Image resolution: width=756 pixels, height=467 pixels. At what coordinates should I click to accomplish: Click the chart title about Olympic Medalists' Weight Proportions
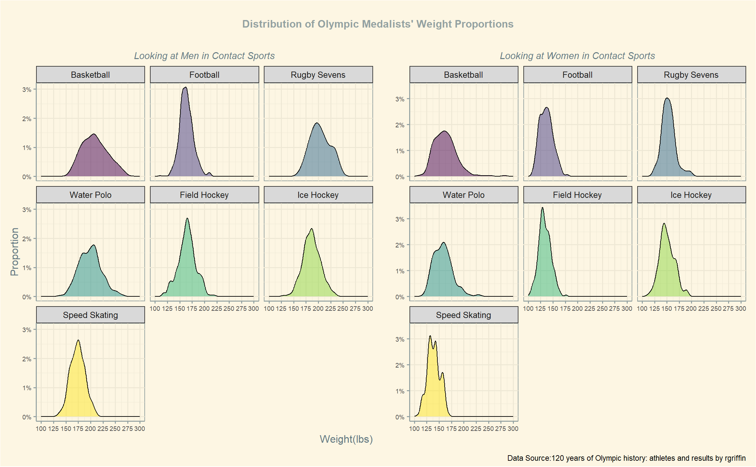[x=378, y=24]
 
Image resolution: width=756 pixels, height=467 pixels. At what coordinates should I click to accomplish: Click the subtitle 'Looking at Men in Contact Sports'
[x=204, y=56]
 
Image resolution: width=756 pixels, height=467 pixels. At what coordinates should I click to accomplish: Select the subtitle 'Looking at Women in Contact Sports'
[x=577, y=56]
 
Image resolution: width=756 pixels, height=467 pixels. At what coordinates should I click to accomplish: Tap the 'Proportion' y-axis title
[x=14, y=252]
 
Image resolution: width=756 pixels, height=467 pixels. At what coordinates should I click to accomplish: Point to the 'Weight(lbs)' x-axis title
[x=346, y=439]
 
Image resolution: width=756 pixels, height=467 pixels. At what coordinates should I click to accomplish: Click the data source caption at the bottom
[x=626, y=458]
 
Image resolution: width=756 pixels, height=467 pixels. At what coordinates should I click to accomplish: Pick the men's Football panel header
[x=204, y=75]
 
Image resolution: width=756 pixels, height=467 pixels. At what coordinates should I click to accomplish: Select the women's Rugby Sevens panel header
[x=691, y=75]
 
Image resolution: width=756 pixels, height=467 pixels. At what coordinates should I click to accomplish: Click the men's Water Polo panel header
[x=90, y=195]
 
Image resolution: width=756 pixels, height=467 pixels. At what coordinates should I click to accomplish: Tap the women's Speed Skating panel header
[x=463, y=315]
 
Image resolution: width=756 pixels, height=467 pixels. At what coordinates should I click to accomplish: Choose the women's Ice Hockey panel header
[x=691, y=195]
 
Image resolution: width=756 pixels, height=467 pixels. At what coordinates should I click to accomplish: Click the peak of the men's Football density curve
[x=186, y=87]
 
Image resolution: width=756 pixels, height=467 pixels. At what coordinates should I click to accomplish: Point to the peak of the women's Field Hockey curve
[x=542, y=207]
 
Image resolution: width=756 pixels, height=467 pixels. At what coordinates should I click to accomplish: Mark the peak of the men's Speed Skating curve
[x=78, y=340]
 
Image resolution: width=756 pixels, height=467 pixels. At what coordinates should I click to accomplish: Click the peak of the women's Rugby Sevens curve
[x=667, y=98]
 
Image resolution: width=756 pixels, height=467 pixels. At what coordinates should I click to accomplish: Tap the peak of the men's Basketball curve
[x=94, y=134]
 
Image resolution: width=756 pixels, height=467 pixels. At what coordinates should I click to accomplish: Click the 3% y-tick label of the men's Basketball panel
[x=27, y=90]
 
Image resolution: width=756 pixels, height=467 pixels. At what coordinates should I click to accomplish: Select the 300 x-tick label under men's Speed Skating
[x=139, y=429]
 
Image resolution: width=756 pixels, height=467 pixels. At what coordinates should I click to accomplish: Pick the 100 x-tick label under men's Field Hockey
[x=155, y=308]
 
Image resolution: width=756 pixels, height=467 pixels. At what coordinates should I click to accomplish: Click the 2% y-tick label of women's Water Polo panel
[x=400, y=245]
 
